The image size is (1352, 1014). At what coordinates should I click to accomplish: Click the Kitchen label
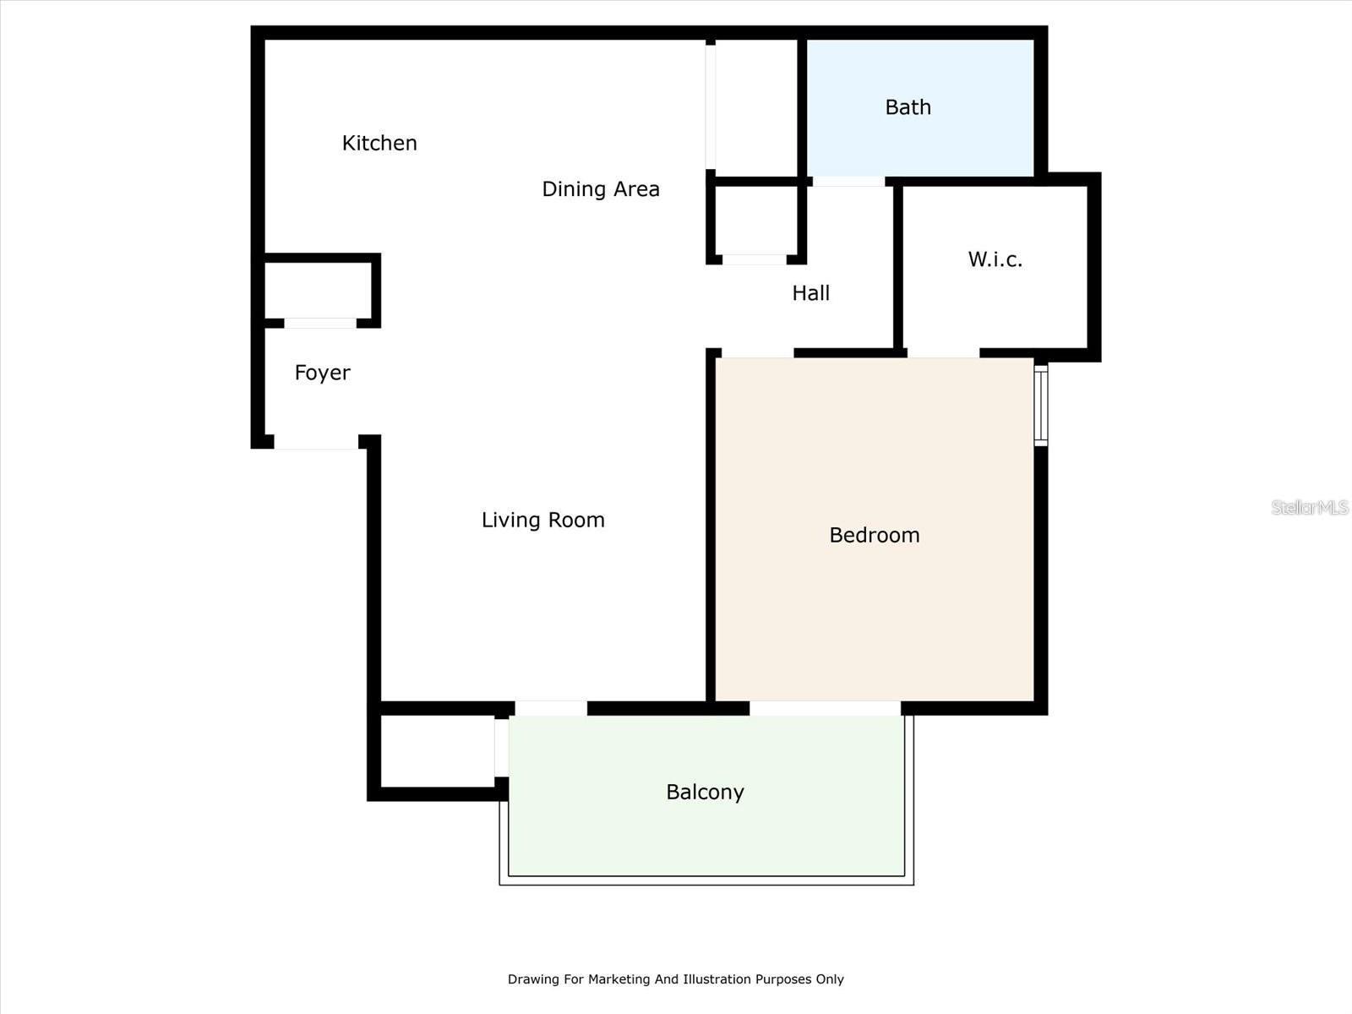coord(379,144)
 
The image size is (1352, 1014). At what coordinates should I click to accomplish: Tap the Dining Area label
coord(600,189)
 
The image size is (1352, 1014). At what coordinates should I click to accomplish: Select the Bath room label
coord(908,107)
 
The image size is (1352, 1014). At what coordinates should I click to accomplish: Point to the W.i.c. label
coord(995,259)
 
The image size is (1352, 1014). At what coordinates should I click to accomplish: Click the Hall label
coord(810,293)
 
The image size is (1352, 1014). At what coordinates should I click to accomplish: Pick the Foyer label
coord(322,373)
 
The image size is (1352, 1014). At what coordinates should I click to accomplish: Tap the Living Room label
coord(542,520)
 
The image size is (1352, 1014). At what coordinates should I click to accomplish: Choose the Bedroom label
coord(874,535)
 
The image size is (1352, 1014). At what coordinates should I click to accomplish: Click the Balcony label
coord(705,792)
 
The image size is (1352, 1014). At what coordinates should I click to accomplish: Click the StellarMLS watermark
coord(1309,507)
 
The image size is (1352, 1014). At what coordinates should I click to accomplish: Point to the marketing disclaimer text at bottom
coord(675,979)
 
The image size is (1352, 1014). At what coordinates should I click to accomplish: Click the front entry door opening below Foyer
coord(316,442)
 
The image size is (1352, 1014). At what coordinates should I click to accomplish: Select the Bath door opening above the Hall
coord(848,181)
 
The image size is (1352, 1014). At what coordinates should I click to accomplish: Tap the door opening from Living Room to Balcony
coord(551,708)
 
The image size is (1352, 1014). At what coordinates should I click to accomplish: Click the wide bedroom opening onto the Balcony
coord(825,708)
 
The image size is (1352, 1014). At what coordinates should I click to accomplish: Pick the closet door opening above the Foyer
coord(320,323)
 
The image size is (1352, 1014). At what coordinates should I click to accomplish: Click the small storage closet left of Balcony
coord(437,750)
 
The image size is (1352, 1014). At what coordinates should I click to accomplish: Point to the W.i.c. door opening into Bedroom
coord(943,352)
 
